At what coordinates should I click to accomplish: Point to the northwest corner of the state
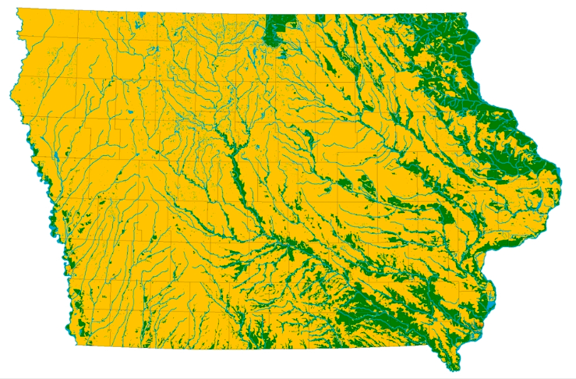click(17, 10)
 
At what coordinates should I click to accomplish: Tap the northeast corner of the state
click(465, 14)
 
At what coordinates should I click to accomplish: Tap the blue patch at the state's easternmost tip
click(558, 170)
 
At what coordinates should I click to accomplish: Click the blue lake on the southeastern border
click(489, 295)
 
